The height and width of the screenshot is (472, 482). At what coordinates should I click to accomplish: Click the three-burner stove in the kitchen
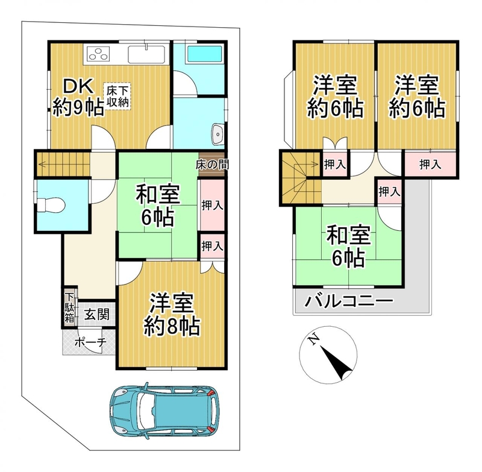tap(98, 54)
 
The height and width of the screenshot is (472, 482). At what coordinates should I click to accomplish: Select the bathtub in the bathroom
tap(204, 54)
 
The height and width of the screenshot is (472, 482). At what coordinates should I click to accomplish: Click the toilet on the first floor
tap(51, 205)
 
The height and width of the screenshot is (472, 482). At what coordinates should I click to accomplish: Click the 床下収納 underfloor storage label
tap(117, 96)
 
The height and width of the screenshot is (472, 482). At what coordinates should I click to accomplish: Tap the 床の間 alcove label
tap(212, 165)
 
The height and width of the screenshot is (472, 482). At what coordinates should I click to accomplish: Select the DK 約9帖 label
tap(78, 97)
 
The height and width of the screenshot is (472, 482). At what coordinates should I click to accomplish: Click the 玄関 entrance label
tap(97, 315)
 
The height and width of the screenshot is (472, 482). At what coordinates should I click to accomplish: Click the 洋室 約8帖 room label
tap(172, 315)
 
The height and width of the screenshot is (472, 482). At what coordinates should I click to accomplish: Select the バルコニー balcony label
tap(349, 300)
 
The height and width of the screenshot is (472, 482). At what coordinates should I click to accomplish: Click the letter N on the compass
tap(313, 339)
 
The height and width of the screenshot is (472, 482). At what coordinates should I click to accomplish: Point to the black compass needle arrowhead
tap(337, 363)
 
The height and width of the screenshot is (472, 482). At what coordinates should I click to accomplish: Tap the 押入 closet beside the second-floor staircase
tap(335, 165)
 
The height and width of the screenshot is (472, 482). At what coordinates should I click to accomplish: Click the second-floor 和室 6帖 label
tap(348, 247)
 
